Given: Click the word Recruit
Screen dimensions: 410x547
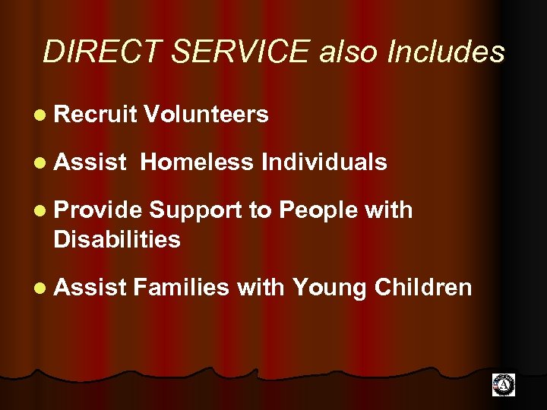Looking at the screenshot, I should point(95,115).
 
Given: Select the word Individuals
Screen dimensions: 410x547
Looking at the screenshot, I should point(324,162).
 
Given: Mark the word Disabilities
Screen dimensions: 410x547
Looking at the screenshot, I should point(117,240).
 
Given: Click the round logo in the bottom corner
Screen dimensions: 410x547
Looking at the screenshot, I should point(503,385).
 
